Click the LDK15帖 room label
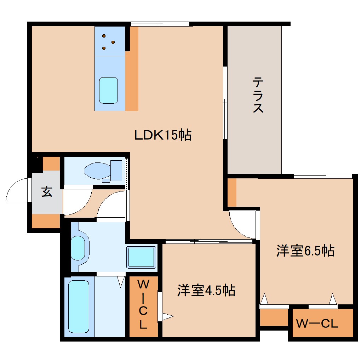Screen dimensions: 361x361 pyautogui.click(x=163, y=135)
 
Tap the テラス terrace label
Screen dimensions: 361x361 pyautogui.click(x=258, y=96)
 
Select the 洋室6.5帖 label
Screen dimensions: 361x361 pyautogui.click(x=305, y=251)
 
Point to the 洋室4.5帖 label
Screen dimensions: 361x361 pyautogui.click(x=206, y=291)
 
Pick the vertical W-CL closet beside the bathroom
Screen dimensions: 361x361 pyautogui.click(x=143, y=305)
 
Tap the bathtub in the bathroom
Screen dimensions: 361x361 pyautogui.click(x=79, y=306)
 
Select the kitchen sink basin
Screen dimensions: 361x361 pyautogui.click(x=108, y=91)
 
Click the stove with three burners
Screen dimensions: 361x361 pyautogui.click(x=109, y=41)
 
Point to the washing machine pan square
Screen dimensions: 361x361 pyautogui.click(x=142, y=257)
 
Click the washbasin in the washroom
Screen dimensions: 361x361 pyautogui.click(x=79, y=246)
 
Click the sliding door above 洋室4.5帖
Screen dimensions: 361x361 pyautogui.click(x=209, y=242)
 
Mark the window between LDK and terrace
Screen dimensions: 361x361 pyautogui.click(x=225, y=103)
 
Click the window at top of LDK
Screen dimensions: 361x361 pyautogui.click(x=160, y=24)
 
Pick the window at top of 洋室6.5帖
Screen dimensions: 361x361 pyautogui.click(x=323, y=176)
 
